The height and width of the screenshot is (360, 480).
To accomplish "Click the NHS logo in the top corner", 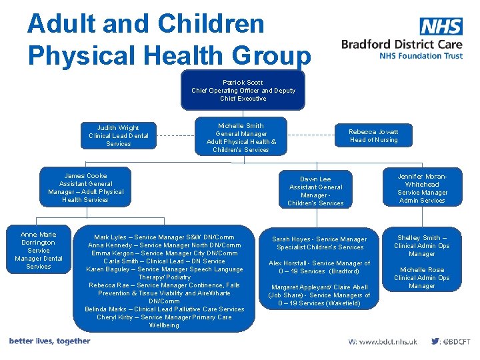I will [x=441, y=27].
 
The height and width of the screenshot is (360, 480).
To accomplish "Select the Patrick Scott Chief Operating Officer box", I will [x=243, y=91].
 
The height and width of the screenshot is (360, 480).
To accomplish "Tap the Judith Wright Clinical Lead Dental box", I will [x=119, y=135].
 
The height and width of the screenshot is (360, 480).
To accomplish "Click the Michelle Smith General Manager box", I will [x=241, y=137].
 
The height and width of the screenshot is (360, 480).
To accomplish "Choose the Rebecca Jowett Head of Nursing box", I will [x=373, y=136].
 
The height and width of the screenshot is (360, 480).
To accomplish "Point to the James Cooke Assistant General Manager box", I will [x=85, y=188].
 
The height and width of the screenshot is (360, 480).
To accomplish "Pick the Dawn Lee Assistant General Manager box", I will [x=315, y=191].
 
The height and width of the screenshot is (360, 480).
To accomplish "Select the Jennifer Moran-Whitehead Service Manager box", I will [x=422, y=188].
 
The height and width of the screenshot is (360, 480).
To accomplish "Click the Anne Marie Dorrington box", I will [x=39, y=250].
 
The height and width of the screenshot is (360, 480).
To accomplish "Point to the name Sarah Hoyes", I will [x=291, y=239].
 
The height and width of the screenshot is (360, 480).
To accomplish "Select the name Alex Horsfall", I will [x=288, y=263].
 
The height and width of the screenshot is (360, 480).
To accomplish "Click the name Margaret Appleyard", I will [x=299, y=287].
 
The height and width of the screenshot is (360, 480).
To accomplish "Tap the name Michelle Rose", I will [x=421, y=270].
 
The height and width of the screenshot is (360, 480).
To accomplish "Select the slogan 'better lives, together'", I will [x=49, y=341].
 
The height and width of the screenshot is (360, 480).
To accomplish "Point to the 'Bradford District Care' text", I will [x=401, y=45].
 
